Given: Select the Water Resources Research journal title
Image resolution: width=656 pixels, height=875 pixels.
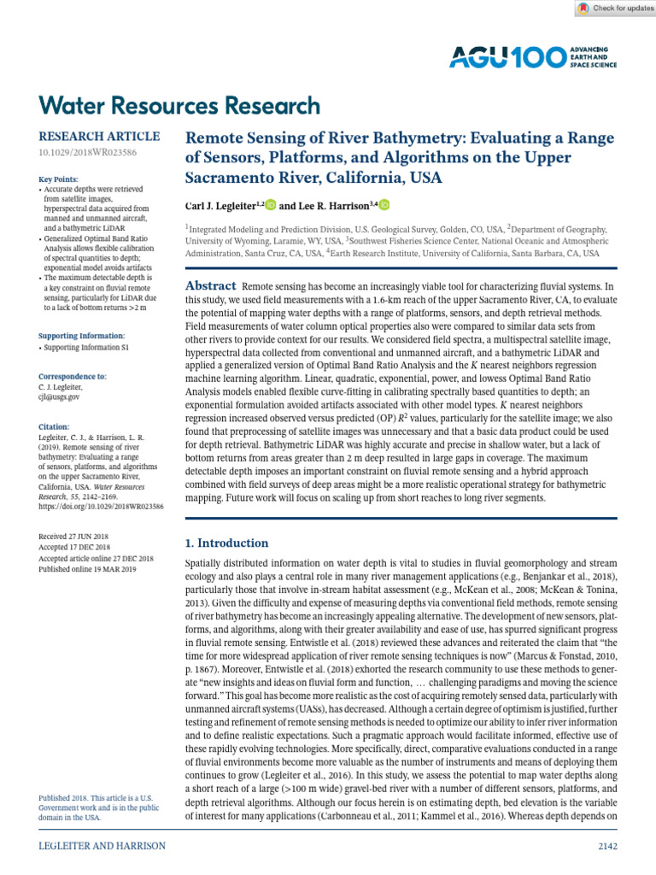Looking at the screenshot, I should coord(180,106).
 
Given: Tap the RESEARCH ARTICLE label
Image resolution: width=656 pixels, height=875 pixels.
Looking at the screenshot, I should coord(99,136).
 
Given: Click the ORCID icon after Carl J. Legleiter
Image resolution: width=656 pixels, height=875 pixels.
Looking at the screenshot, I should coord(271,205).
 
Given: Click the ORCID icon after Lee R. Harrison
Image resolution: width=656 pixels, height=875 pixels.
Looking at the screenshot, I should coord(384,205).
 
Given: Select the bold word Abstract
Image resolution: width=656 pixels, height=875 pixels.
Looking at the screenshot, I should coord(211,286).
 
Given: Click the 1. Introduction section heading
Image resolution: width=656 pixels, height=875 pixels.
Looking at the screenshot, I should coord(226,543).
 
